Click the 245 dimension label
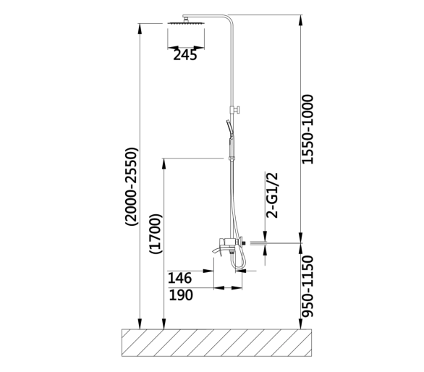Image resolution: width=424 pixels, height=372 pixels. tap(185, 55)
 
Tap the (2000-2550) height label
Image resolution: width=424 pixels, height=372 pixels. tap(132, 187)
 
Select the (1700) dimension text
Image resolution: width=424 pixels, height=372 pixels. tap(156, 234)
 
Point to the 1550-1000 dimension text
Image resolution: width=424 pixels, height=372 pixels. tap(308, 130)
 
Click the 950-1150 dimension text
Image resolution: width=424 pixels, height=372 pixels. tap(308, 286)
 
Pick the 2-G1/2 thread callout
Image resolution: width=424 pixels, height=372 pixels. tap(272, 195)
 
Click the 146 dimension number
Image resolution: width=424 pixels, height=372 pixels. tap(180, 278)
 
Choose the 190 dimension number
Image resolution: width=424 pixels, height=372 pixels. tap(181, 295)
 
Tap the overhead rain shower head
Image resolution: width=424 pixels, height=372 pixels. tap(186, 22)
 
